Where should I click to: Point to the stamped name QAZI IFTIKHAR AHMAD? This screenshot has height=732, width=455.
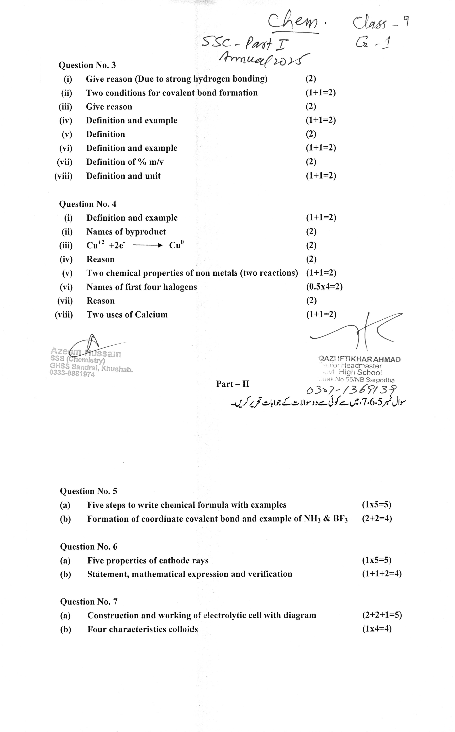pos(359,359)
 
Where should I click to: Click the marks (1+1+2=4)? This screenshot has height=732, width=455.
pos(382,574)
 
